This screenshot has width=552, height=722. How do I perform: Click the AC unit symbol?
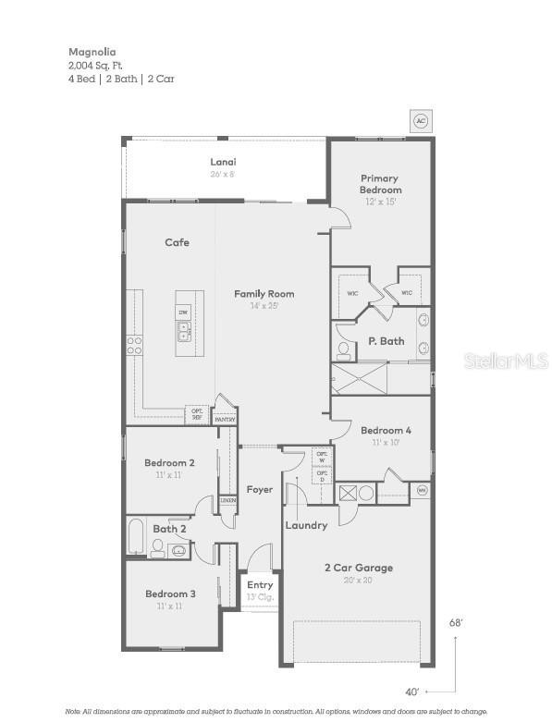coord(421,121)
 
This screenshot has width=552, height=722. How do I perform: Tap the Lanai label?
coord(223,162)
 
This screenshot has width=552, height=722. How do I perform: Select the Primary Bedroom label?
coord(380,184)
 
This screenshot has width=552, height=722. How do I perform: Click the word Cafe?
coord(177,242)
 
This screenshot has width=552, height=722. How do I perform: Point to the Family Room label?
coord(264,294)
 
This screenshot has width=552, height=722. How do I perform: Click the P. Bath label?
coord(386,341)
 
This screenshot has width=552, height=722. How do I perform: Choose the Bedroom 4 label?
coord(386,430)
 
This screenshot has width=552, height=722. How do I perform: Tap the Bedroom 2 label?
coord(169,462)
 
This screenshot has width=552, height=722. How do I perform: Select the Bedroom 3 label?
coord(170,594)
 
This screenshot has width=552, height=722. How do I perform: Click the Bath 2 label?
coord(170,529)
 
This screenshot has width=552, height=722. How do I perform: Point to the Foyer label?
coord(260,489)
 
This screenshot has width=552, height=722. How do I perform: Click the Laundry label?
coord(306,525)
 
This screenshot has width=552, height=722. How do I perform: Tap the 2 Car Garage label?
coord(358,568)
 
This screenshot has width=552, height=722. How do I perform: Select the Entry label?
coord(260,584)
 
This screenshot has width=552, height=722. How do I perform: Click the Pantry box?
coord(225,419)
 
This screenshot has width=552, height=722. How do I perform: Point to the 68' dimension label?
coord(456,623)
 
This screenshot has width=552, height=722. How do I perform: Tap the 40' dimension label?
coord(412,691)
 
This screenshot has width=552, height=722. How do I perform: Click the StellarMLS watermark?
coord(506,361)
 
